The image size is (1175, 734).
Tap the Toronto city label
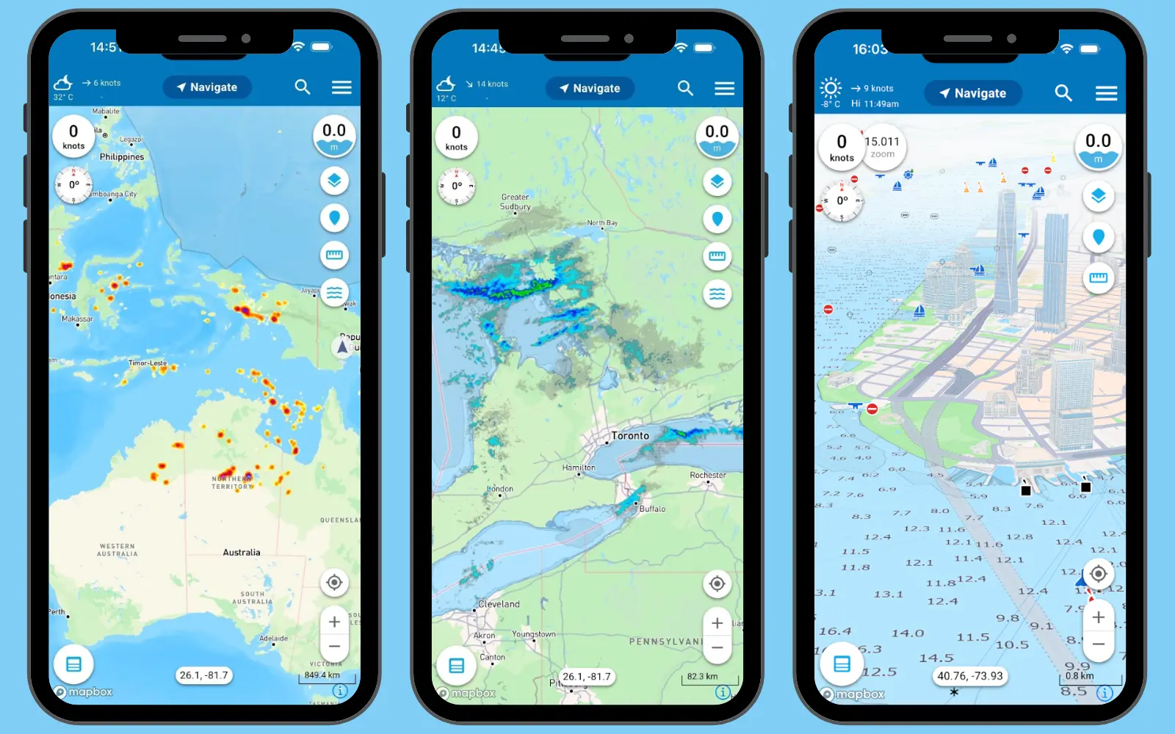pyautogui.click(x=630, y=436)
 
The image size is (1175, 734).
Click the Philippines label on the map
pyautogui.click(x=122, y=157)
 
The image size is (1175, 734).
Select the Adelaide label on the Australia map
pyautogui.click(x=273, y=639)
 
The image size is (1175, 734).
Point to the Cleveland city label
pyautogui.click(x=499, y=605)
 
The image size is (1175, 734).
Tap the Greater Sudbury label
pyautogui.click(x=516, y=202)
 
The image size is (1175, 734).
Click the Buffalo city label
pyautogui.click(x=652, y=509)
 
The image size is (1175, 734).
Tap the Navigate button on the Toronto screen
pyautogui.click(x=590, y=88)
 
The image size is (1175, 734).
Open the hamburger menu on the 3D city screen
pyautogui.click(x=1106, y=93)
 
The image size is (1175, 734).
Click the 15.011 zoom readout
pyautogui.click(x=882, y=146)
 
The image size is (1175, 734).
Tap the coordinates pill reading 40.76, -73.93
pyautogui.click(x=969, y=676)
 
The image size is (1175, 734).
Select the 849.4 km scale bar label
pyautogui.click(x=322, y=675)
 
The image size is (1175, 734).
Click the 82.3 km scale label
pyautogui.click(x=702, y=677)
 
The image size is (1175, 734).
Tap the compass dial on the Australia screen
pyautogui.click(x=74, y=185)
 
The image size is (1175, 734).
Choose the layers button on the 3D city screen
pyautogui.click(x=1098, y=196)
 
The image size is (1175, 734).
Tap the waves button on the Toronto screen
pyautogui.click(x=717, y=294)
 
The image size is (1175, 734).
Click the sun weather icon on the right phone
pyautogui.click(x=831, y=89)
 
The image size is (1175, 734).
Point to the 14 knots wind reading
pyautogui.click(x=492, y=84)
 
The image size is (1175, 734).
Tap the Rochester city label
pyautogui.click(x=708, y=476)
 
